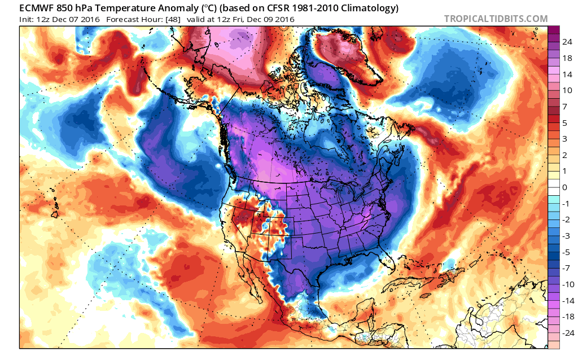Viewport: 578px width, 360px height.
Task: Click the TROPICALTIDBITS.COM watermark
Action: pyautogui.click(x=496, y=19)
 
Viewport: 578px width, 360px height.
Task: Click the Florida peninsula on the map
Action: pyautogui.click(x=386, y=257)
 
